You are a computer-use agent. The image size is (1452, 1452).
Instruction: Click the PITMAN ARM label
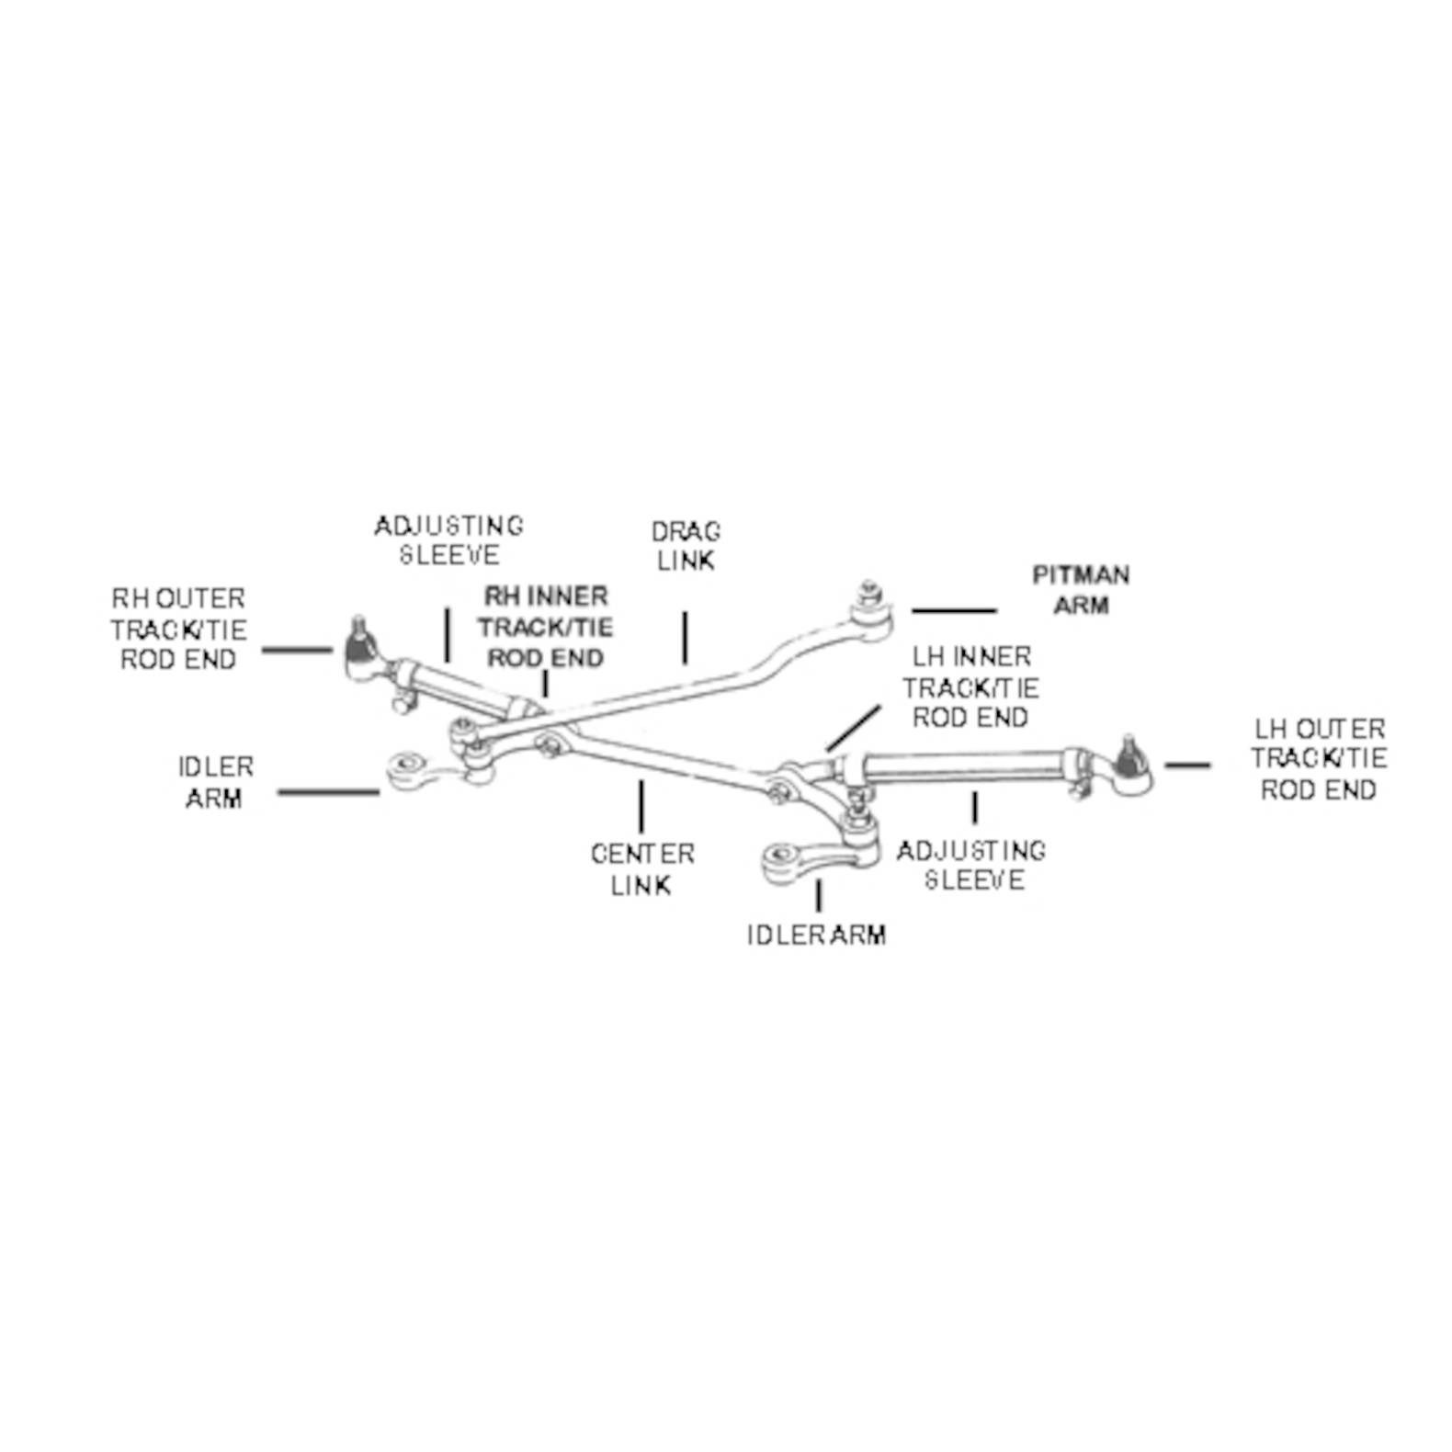pos(1081,590)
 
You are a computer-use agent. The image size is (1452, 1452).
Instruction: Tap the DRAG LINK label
pos(686,546)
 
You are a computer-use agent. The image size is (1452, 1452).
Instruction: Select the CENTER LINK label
pos(641,869)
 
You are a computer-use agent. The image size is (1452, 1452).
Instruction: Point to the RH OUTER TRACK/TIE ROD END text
pos(178,630)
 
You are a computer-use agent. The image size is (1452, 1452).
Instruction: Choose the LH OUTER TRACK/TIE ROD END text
pos(1319,759)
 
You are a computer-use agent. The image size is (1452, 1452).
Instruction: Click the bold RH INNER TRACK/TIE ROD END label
pos(546,628)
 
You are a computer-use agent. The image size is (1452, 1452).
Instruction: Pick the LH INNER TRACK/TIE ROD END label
pos(970,687)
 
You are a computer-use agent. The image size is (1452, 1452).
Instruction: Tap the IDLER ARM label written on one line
pos(816,936)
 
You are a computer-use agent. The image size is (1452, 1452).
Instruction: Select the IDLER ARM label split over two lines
pos(215,783)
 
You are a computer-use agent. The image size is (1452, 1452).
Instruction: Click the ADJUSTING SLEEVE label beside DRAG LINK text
pos(448,540)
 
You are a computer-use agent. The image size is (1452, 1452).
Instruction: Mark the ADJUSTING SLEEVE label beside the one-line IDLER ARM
pos(972,866)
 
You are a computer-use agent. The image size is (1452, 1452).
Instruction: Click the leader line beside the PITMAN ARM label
pos(954,610)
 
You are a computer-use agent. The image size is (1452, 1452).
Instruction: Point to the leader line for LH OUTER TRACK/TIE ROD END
pos(1187,765)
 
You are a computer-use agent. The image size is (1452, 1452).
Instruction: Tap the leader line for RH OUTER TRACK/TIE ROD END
pos(296,650)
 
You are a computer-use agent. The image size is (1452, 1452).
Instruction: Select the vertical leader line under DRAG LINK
pos(685,637)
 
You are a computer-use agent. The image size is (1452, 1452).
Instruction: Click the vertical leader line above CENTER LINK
pos(641,806)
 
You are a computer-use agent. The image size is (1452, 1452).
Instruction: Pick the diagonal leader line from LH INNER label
pos(853,727)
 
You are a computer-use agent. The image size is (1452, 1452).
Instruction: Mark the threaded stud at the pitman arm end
pos(868,590)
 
